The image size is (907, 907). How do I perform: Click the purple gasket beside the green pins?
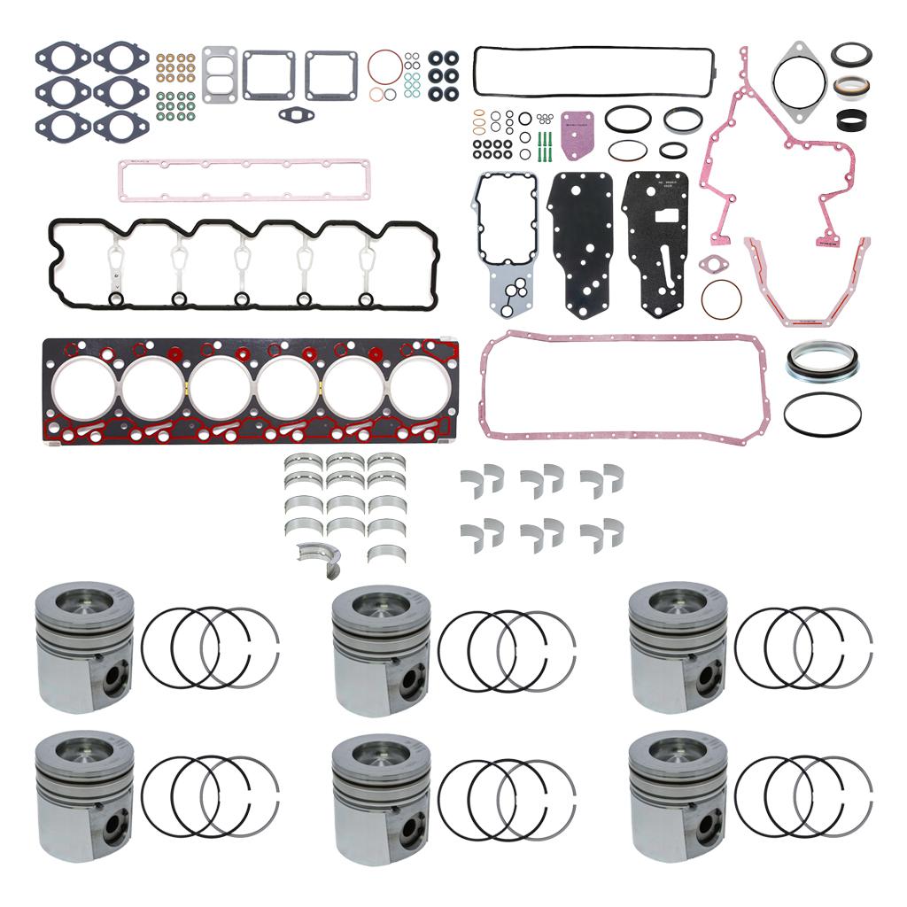coord(576,133)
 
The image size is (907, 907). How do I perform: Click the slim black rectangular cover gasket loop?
coord(593,71)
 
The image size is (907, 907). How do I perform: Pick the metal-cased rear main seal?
coord(821,361)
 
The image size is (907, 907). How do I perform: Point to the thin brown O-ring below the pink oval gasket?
coord(721,299)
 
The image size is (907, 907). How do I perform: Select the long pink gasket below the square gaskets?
coord(244,181)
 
